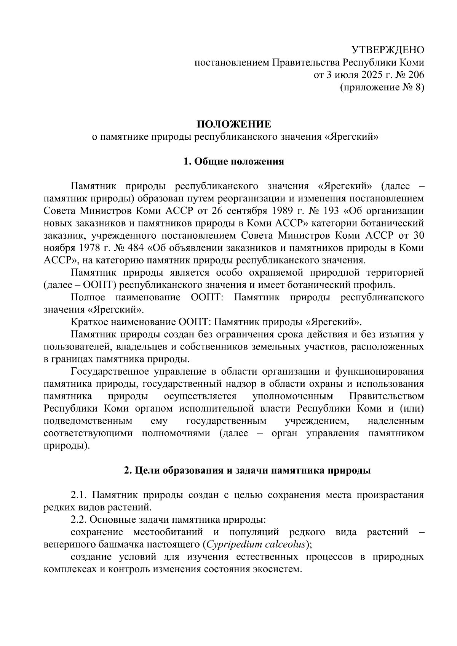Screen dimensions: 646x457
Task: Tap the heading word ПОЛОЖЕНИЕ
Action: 233,124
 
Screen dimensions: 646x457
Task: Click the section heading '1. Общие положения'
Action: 233,161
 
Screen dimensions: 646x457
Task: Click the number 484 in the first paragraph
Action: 135,248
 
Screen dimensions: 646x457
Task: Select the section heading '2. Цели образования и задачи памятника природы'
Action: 248,471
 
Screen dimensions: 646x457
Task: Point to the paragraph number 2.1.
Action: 80,495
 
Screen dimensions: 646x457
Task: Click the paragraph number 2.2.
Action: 80,520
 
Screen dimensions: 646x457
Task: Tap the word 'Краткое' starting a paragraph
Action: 89,322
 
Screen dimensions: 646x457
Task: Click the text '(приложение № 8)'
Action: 382,88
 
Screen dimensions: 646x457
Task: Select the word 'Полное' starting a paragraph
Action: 86,297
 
